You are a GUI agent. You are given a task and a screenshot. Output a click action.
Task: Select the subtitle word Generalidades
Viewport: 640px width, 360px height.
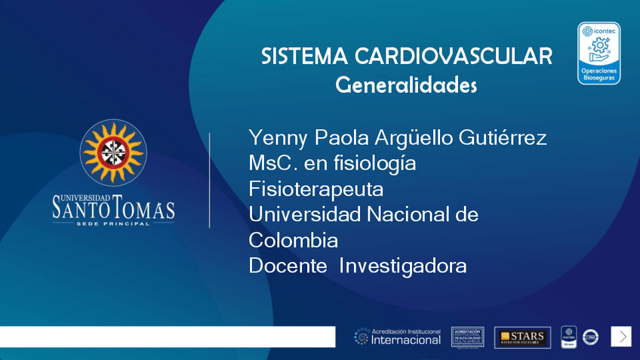tap(406, 85)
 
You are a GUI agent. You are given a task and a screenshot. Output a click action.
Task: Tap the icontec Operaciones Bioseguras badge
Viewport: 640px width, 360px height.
tap(598, 53)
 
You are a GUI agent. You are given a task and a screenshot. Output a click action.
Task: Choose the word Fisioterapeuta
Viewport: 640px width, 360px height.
tap(315, 189)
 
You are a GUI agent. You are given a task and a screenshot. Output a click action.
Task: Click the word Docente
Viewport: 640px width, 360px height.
tap(288, 266)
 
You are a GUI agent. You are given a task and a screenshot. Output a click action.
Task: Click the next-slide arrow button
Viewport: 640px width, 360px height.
tap(621, 337)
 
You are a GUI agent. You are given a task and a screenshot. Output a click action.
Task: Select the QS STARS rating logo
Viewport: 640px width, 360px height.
tap(522, 337)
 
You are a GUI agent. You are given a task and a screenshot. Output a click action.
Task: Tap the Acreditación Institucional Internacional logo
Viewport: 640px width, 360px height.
tap(398, 337)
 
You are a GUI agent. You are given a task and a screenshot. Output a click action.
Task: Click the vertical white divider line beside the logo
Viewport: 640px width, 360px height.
tap(209, 180)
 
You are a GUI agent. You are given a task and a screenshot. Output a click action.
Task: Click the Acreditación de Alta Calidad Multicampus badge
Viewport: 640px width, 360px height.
tap(467, 337)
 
